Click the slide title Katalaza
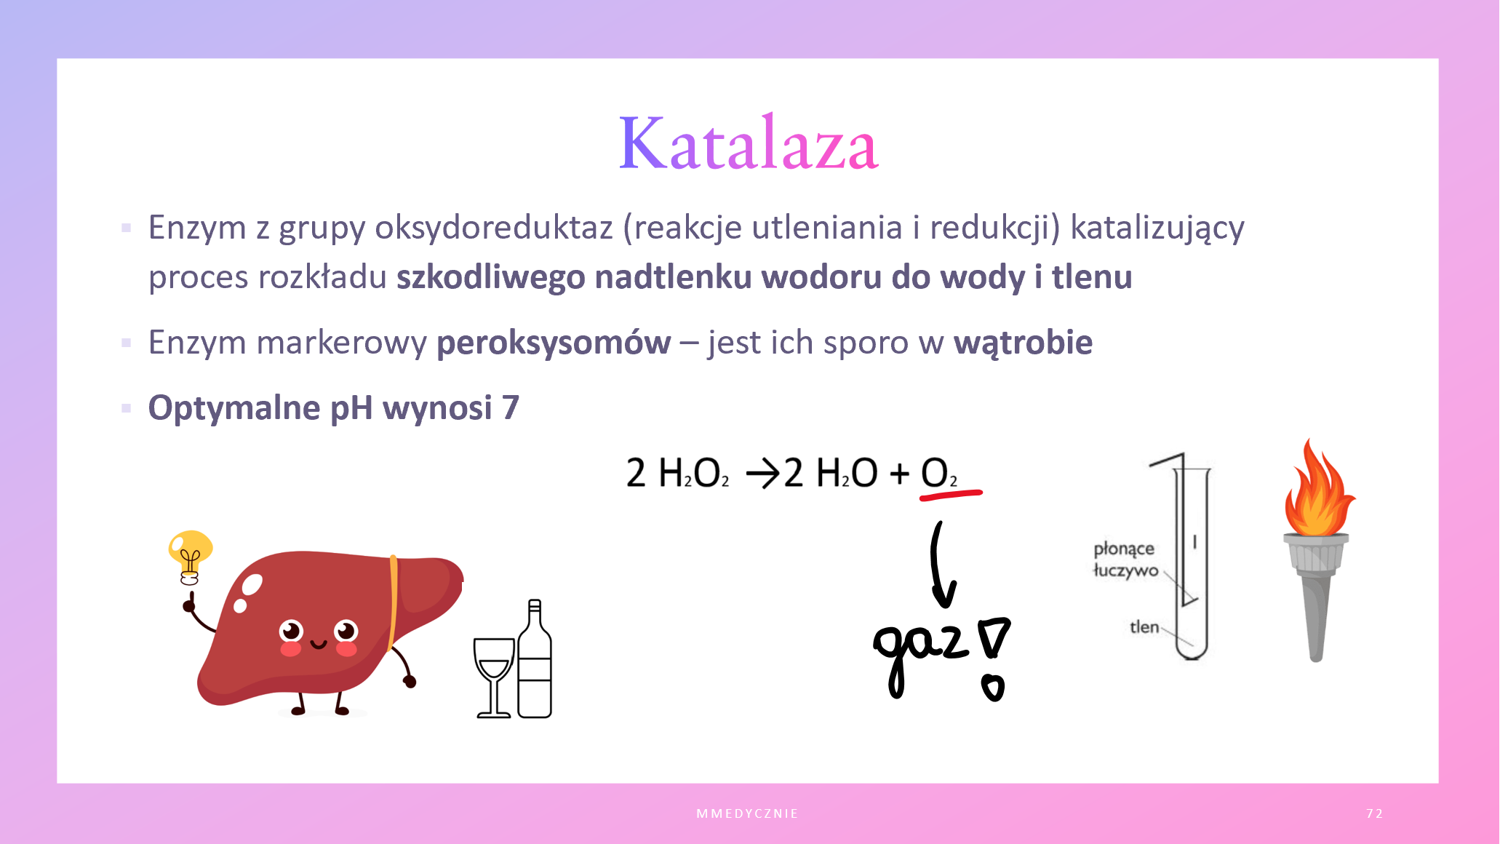tap(749, 143)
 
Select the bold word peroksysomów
tap(554, 343)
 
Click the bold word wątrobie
tap(1023, 343)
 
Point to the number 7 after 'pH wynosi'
tap(511, 407)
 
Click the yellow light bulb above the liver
tap(190, 557)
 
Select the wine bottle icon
tap(535, 658)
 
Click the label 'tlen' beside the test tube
tap(1144, 626)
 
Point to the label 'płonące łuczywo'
tap(1125, 560)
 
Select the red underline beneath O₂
tap(951, 495)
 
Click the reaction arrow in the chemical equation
tap(762, 474)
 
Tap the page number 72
tap(1374, 813)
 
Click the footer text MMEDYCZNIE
tap(747, 813)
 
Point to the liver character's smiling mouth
tap(318, 644)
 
